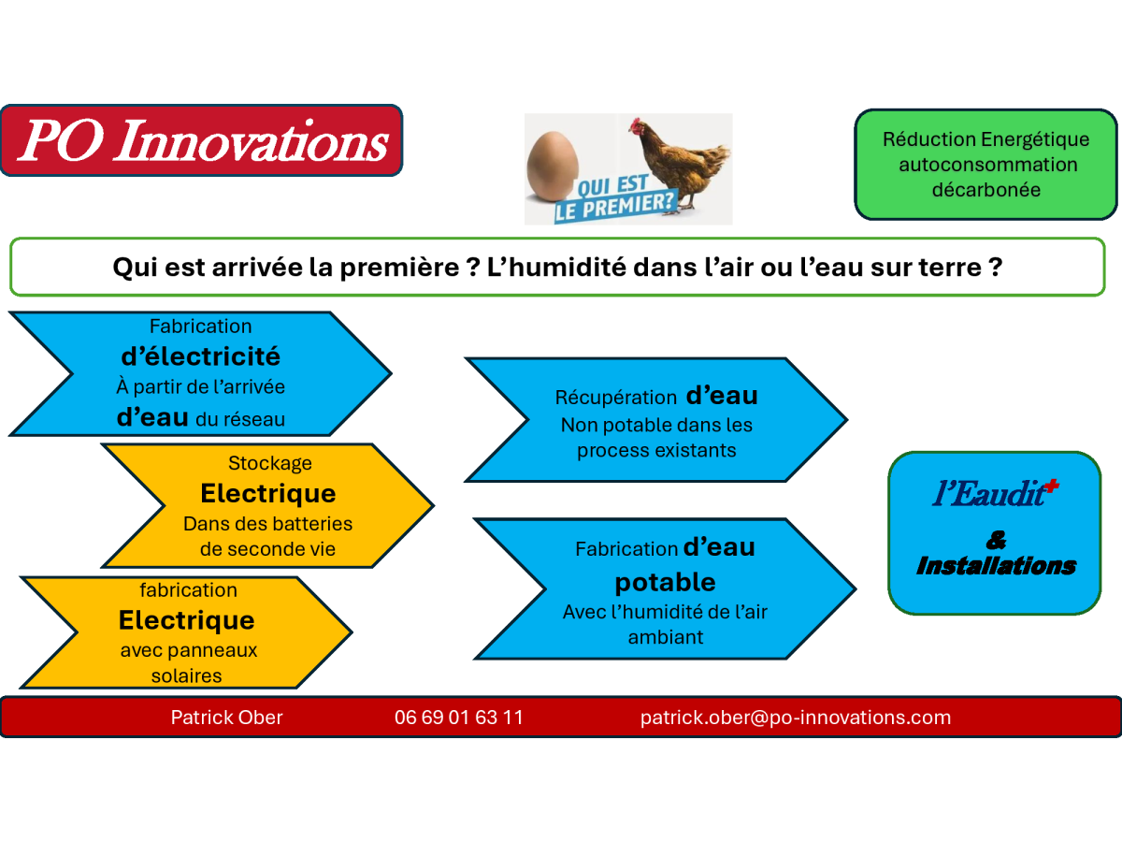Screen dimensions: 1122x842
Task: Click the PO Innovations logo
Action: coord(201,140)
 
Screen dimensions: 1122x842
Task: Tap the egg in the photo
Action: coord(553,167)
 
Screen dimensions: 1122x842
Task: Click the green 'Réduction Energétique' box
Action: coord(986,165)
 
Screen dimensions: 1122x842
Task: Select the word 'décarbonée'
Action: coord(986,190)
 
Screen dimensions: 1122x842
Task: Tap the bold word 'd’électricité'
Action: coord(200,356)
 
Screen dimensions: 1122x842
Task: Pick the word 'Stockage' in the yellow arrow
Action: coord(270,463)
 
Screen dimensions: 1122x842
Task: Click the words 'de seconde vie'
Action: coord(267,549)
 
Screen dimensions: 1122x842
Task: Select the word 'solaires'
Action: coord(187,675)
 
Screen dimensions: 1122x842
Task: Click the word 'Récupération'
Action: coord(616,398)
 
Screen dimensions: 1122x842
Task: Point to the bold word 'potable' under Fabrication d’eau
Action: coord(665,583)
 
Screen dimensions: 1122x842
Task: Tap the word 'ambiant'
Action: coord(666,637)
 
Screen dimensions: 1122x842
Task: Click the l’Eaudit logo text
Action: coord(994,493)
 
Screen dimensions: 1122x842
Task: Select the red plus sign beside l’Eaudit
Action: coord(1053,486)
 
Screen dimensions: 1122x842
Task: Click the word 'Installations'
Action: coord(996,566)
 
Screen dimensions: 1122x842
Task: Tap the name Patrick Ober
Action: coord(226,718)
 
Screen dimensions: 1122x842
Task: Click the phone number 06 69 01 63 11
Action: coord(458,718)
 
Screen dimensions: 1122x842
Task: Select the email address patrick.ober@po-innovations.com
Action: coord(796,718)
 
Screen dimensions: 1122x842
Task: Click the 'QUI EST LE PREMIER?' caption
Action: coord(616,199)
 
